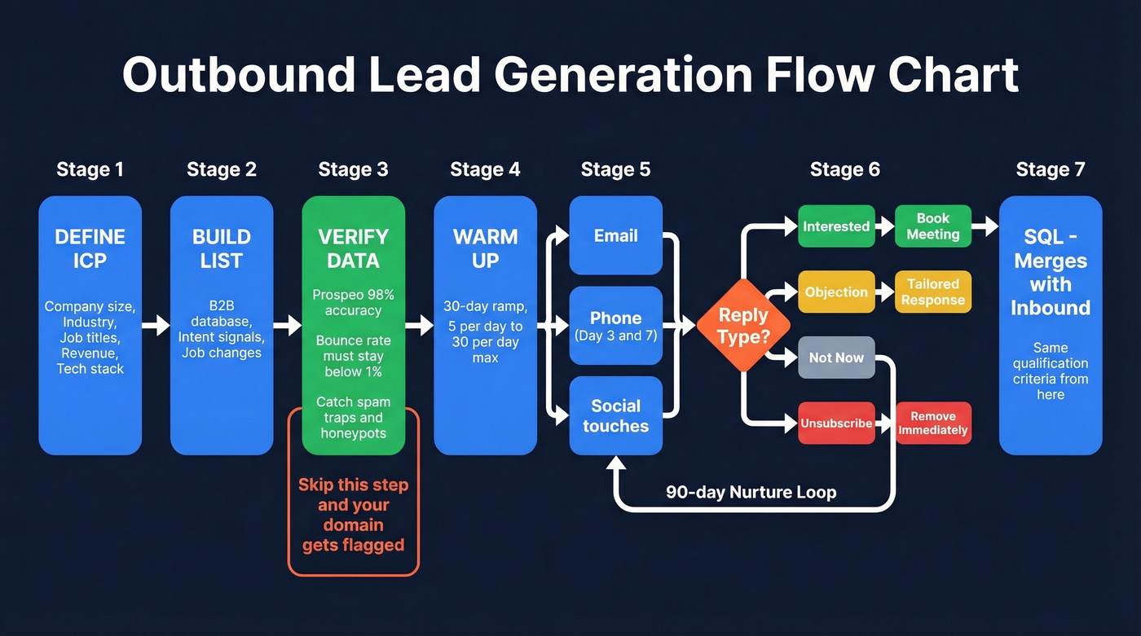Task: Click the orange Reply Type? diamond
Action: click(x=743, y=326)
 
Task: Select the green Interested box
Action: click(x=836, y=226)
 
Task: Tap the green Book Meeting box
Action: click(x=933, y=226)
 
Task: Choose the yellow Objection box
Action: click(x=836, y=292)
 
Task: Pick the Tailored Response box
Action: click(x=933, y=292)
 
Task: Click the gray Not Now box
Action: click(x=836, y=357)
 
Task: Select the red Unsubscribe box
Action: click(x=836, y=423)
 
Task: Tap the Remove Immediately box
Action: click(x=933, y=423)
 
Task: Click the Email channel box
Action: click(x=615, y=236)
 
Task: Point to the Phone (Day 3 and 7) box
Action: click(x=615, y=326)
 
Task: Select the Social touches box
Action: click(x=615, y=415)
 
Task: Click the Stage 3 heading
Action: click(x=353, y=169)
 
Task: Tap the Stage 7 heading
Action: click(x=1051, y=169)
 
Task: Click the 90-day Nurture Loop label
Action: click(x=751, y=492)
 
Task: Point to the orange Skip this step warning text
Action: click(x=353, y=515)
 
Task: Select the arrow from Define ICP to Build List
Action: click(x=156, y=326)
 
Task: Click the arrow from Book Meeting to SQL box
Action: click(x=985, y=226)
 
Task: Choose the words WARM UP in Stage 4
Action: click(x=485, y=248)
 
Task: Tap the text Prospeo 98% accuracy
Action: click(x=353, y=302)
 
